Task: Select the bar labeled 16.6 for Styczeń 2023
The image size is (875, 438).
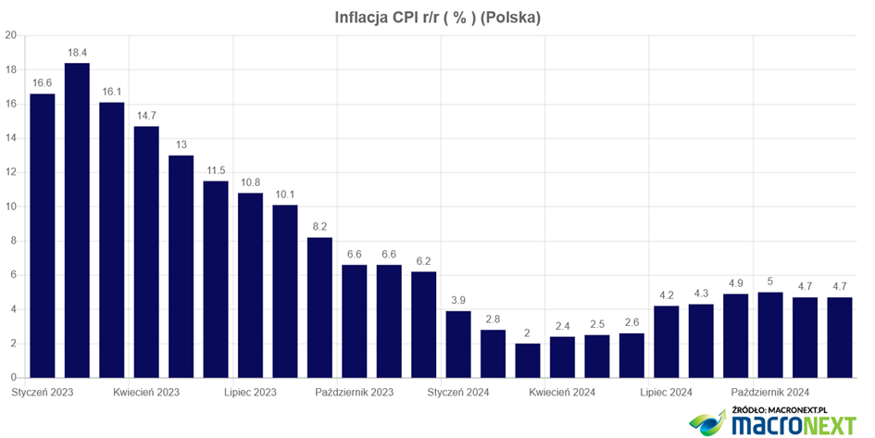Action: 43,236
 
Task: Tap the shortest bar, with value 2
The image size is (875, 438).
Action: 528,361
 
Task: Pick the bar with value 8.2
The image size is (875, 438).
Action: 319,307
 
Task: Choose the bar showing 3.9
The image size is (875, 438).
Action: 458,344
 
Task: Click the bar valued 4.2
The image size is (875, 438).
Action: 667,342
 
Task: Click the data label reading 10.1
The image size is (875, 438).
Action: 285,194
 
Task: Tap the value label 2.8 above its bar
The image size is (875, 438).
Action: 493,319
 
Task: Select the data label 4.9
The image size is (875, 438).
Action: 735,282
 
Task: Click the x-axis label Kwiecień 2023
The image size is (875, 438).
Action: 146,393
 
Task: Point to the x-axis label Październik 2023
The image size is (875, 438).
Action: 355,393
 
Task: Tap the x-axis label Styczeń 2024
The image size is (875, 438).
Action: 458,393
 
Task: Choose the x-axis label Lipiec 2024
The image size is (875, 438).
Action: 667,393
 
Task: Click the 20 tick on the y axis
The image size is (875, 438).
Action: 11,36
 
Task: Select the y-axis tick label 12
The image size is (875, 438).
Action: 11,173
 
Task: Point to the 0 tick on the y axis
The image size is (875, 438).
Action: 14,379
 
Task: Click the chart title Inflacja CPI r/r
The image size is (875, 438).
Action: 438,18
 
